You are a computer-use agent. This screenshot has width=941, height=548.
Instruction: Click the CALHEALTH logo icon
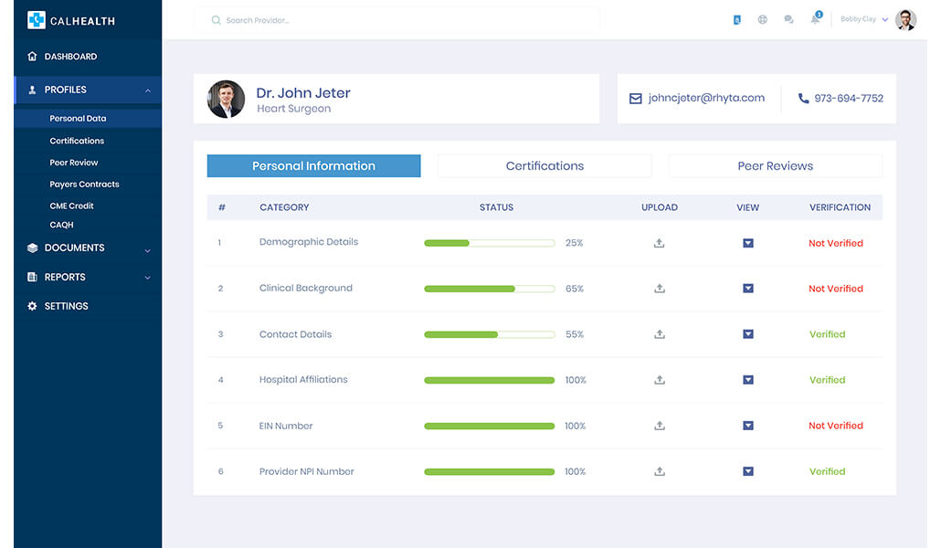[x=37, y=20]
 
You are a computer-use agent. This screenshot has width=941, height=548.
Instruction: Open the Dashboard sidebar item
[x=70, y=57]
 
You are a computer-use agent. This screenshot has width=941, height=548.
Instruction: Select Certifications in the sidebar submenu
[x=77, y=141]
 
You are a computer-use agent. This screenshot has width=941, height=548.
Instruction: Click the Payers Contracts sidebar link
[x=84, y=184]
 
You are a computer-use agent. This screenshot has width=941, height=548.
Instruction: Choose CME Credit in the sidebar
[x=71, y=206]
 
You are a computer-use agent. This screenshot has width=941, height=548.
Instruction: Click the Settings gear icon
[x=33, y=307]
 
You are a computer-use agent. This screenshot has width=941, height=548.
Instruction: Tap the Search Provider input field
[x=402, y=20]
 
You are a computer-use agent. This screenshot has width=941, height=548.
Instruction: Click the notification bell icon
[x=815, y=19]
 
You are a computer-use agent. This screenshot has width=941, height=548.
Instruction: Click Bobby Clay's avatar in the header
[x=905, y=19]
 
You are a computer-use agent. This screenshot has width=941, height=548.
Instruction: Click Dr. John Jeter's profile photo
[x=226, y=100]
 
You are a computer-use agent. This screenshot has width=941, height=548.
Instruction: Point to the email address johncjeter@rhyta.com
[x=706, y=99]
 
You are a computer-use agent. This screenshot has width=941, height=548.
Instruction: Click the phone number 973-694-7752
[x=849, y=99]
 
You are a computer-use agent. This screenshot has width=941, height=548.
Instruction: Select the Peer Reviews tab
[x=775, y=166]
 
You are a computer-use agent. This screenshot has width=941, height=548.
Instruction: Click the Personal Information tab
[x=313, y=166]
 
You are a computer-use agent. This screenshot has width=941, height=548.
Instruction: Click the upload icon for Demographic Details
[x=659, y=243]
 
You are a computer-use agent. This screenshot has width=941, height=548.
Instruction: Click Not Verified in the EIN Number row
[x=835, y=426]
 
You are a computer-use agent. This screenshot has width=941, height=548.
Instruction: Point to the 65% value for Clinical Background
[x=574, y=289]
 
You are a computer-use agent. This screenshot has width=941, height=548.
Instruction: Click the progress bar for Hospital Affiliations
[x=489, y=380]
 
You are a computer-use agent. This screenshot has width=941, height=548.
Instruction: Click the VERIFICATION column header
[x=840, y=207]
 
